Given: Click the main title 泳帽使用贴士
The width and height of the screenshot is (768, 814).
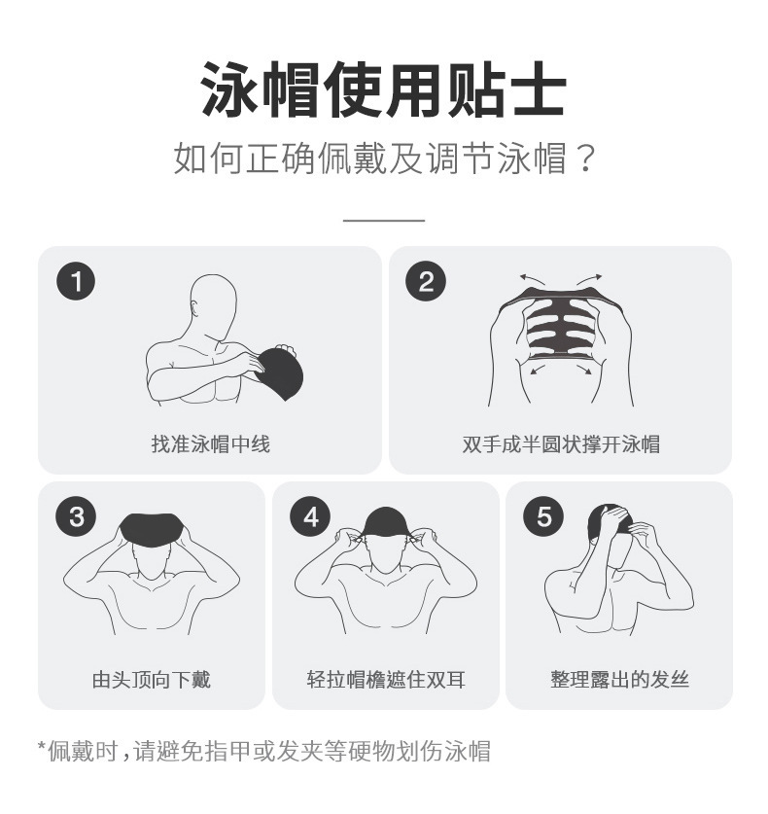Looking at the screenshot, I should tap(383, 88).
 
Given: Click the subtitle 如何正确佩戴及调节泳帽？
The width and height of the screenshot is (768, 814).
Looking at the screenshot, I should tap(383, 158).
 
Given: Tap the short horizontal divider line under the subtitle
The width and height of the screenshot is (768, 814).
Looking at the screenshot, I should tap(383, 221).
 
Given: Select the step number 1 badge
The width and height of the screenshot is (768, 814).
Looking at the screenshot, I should tap(77, 282).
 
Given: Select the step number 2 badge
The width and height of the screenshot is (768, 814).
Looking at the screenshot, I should tap(426, 282).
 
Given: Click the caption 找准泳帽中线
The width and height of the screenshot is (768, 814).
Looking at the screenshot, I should tap(210, 444).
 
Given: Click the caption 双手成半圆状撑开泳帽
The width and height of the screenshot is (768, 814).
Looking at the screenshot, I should tap(561, 444).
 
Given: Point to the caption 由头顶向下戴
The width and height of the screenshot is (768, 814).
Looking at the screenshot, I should tap(151, 680).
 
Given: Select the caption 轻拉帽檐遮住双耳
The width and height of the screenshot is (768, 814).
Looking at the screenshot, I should tap(386, 680).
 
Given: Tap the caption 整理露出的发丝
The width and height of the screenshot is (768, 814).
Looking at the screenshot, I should tap(619, 680).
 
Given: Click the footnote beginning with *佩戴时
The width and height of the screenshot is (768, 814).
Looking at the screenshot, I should tap(263, 751).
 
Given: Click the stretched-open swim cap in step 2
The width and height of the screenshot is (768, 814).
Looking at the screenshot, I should tap(561, 326).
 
